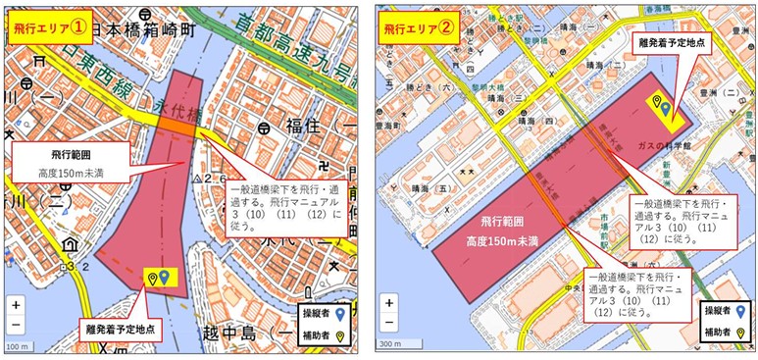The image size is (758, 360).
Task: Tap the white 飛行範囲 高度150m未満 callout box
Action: point(72,163)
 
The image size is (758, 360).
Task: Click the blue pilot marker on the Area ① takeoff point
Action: point(165,278)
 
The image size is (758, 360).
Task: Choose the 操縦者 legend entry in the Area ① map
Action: point(324,314)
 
